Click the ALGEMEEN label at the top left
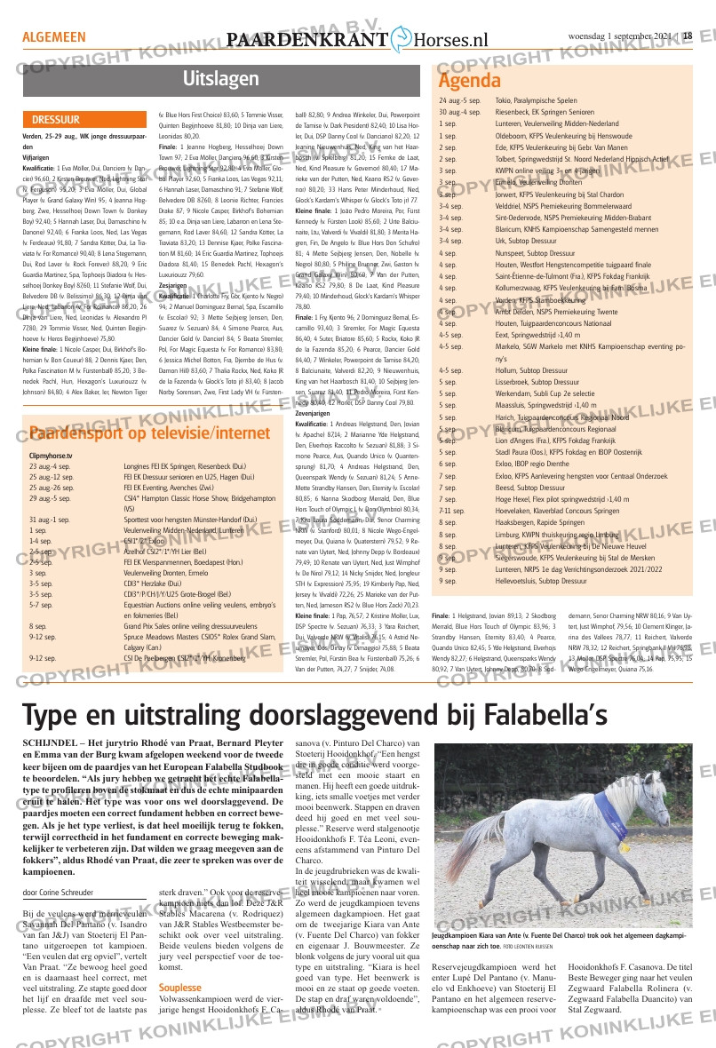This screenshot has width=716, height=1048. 53,37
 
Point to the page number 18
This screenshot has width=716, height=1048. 687,36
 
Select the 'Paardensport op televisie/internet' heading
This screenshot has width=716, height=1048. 137,433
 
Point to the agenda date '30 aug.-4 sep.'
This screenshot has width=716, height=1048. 460,113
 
